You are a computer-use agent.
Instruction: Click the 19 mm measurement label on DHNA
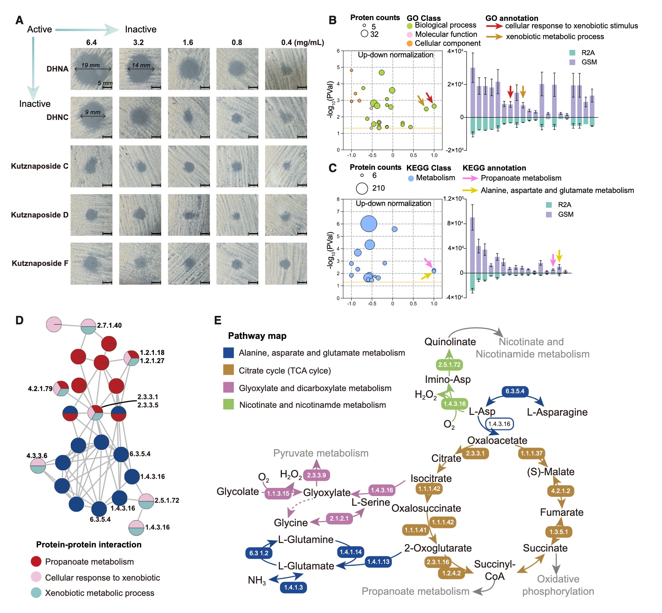point(90,65)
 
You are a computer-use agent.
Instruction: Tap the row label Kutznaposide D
point(39,215)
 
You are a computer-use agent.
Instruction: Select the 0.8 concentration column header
point(237,42)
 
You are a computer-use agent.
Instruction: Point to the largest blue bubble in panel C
point(369,224)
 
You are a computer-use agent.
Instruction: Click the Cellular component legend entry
point(447,43)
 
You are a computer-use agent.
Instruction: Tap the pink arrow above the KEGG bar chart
point(553,259)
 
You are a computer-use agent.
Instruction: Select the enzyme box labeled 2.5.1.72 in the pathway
point(449,365)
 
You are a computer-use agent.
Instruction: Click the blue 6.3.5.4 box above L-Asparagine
point(515,391)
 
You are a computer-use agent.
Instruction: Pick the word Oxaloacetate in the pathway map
point(497,440)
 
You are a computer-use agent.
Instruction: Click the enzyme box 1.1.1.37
point(531,453)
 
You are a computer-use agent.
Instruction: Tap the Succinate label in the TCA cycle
point(545,548)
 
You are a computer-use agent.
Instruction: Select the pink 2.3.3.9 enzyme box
point(316,475)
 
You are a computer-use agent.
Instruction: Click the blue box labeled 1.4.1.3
point(293,587)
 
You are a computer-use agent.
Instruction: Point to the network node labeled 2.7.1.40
point(88,327)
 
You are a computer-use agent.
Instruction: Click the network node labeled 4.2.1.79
point(61,389)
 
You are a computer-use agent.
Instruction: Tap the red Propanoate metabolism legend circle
point(36,562)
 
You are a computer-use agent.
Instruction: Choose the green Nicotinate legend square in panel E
point(228,404)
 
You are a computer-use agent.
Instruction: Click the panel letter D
point(19,320)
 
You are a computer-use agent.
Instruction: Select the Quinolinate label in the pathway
point(450,342)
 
